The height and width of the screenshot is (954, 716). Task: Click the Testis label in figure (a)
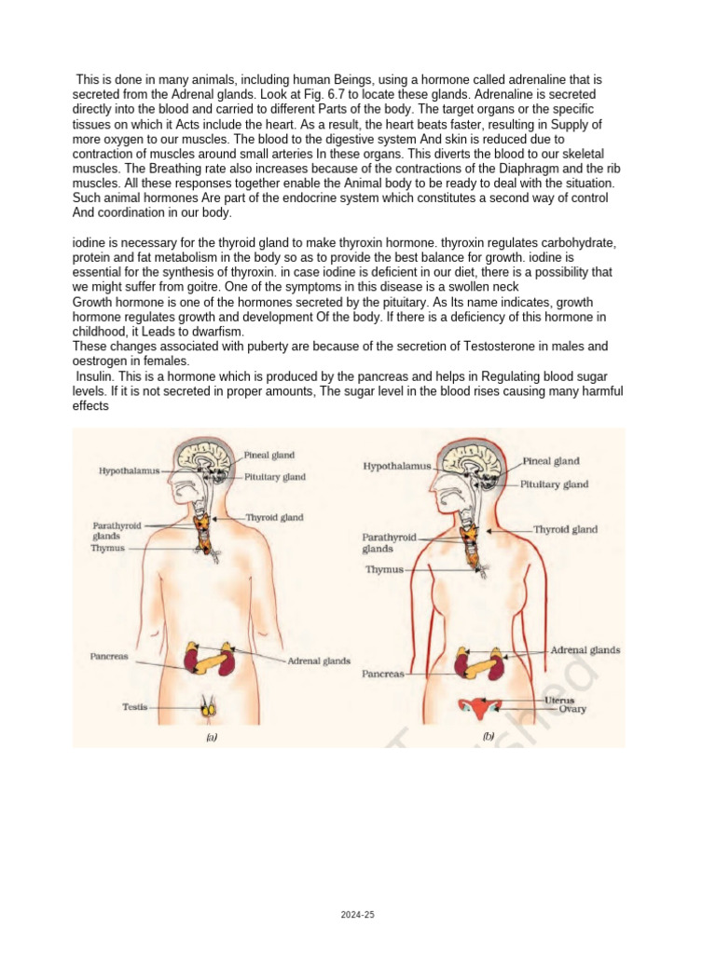coord(135,707)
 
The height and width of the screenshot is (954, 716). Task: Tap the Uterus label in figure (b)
coord(559,700)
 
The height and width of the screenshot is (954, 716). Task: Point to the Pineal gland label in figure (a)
coord(269,456)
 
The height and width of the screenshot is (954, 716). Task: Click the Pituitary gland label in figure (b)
coord(555,484)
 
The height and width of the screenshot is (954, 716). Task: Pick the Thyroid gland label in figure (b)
coord(565,529)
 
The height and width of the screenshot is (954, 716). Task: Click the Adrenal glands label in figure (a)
coord(318,661)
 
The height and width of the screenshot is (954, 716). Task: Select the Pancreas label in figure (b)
coord(384,673)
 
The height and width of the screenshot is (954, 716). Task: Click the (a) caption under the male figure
coord(212,736)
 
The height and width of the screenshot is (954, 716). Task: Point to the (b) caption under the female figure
coord(489,736)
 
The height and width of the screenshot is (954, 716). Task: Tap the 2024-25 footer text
coord(358,916)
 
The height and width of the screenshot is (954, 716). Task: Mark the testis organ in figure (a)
coord(212,708)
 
